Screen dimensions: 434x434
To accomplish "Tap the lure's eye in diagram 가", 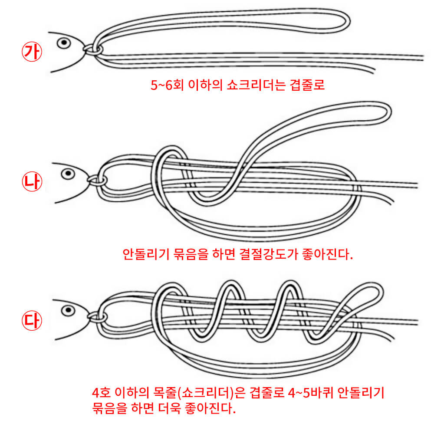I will click(64, 43).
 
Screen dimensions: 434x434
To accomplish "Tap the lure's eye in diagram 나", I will click(67, 174).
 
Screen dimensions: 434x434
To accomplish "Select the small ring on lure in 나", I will click(96, 180).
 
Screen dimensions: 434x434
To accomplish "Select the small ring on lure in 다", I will click(97, 317).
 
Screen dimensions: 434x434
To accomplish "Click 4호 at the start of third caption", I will click(102, 394).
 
